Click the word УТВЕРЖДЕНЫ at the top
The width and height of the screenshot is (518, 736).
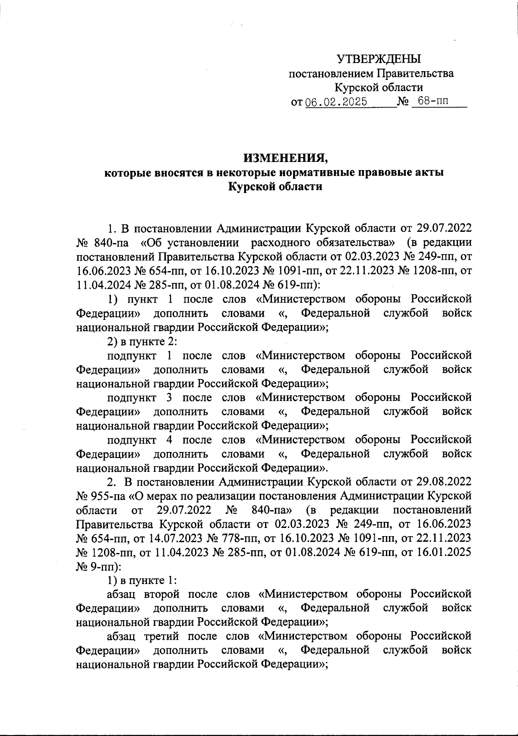pos(379,59)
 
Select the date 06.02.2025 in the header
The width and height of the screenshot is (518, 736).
pos(336,102)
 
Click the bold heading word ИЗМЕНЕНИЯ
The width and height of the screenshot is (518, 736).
pos(285,158)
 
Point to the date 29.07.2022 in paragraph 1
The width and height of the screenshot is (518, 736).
pos(445,228)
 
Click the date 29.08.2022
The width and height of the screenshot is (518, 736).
pos(445,481)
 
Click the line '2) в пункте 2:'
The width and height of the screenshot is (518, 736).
pos(142,341)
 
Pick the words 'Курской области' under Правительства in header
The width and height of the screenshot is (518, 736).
pos(379,88)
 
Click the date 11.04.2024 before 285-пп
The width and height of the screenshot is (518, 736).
pos(104,284)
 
